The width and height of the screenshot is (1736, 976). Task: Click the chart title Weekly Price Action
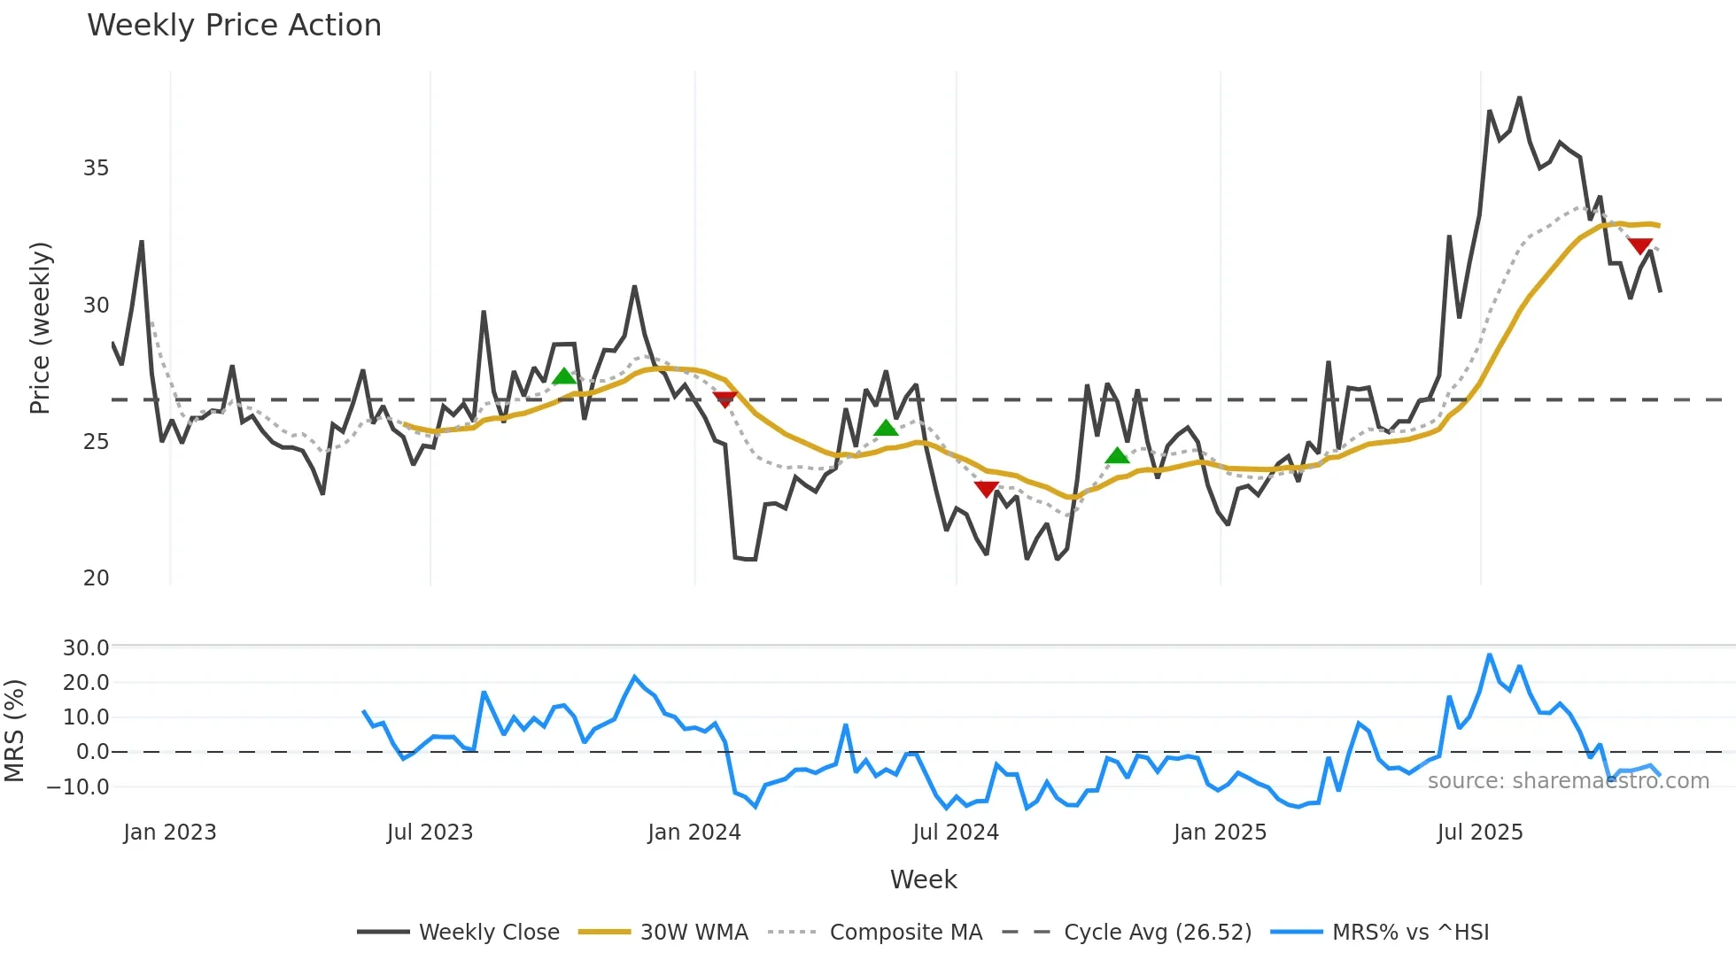[x=234, y=26]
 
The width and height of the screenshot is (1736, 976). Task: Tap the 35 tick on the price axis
[x=96, y=168]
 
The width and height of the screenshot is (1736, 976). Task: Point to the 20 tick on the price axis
[x=96, y=578]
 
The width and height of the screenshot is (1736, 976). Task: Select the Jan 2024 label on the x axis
[x=694, y=833]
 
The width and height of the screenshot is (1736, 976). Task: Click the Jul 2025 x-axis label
[x=1479, y=833]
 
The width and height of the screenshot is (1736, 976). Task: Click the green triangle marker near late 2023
[x=564, y=376]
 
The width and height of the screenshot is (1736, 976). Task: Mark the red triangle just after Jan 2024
[x=725, y=399]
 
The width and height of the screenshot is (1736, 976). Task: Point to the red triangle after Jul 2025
[x=1639, y=245]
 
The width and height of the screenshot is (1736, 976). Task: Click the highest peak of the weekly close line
[x=1519, y=98]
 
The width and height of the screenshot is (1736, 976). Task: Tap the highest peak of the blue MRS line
[x=1490, y=655]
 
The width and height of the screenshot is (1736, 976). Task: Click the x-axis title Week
[x=923, y=879]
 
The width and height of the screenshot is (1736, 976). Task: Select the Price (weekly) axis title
[x=40, y=328]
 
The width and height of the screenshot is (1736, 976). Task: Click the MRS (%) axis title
[x=14, y=731]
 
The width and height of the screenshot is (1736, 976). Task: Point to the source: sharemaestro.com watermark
[x=1568, y=781]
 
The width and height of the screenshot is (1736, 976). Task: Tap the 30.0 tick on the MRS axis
[x=86, y=648]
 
